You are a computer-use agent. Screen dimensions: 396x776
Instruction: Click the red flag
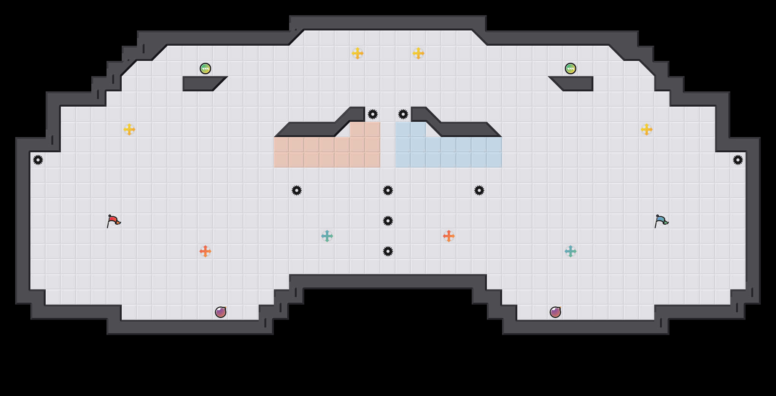pos(113,221)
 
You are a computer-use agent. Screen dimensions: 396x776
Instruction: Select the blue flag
pos(661,221)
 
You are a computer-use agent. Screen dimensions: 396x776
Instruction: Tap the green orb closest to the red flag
pos(205,69)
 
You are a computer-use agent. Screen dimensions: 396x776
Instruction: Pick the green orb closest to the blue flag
pos(571,69)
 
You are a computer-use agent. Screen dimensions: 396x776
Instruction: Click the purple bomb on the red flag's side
pos(221,312)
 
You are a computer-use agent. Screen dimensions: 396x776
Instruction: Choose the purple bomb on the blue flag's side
pos(555,312)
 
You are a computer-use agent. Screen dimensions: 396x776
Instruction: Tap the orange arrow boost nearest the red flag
pos(205,251)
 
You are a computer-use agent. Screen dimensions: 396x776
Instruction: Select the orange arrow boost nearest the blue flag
pos(449,236)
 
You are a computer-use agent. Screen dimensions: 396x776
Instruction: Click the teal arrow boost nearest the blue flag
pos(571,251)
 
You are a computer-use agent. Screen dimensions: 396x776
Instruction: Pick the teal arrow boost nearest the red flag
pos(327,236)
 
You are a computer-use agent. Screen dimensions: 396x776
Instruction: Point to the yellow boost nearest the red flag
pos(129,129)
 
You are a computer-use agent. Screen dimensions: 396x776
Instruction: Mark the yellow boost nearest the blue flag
pos(647,129)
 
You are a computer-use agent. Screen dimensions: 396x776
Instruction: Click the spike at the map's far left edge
pos(38,160)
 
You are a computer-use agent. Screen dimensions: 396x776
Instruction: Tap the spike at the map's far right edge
pos(738,160)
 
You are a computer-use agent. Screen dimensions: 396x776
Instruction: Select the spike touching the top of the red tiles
pos(373,114)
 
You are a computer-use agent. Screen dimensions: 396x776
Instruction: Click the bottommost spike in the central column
pos(388,251)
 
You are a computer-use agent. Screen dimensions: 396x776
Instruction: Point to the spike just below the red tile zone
pos(297,190)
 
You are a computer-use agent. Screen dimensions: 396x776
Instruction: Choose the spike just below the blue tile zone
pos(479,190)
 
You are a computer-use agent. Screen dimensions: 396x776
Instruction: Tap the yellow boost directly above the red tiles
pos(358,53)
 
